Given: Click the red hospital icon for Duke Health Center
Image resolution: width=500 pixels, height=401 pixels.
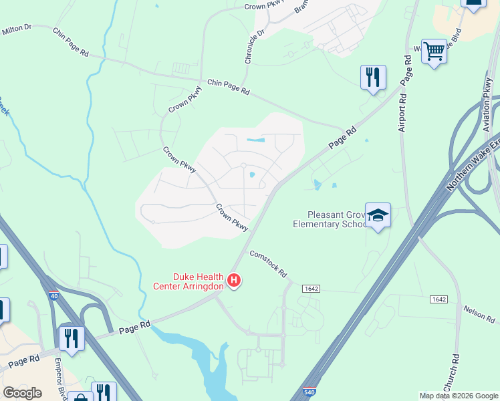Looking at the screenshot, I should point(234,280).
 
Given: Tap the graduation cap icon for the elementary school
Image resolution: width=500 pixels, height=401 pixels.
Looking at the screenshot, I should point(378,215).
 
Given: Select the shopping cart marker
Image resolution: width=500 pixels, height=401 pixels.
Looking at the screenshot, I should point(434,51).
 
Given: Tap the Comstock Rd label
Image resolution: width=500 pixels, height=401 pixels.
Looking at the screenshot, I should point(267,263).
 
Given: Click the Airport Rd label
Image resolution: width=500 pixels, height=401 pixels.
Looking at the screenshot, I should point(402,112).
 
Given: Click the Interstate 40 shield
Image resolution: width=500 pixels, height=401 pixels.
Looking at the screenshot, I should point(53,294).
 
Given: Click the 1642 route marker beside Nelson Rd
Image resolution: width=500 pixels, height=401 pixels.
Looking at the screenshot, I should point(439,299).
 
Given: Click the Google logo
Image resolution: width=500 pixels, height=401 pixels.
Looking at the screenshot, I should point(22,393).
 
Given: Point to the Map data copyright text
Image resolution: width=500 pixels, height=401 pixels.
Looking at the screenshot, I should point(458,396).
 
